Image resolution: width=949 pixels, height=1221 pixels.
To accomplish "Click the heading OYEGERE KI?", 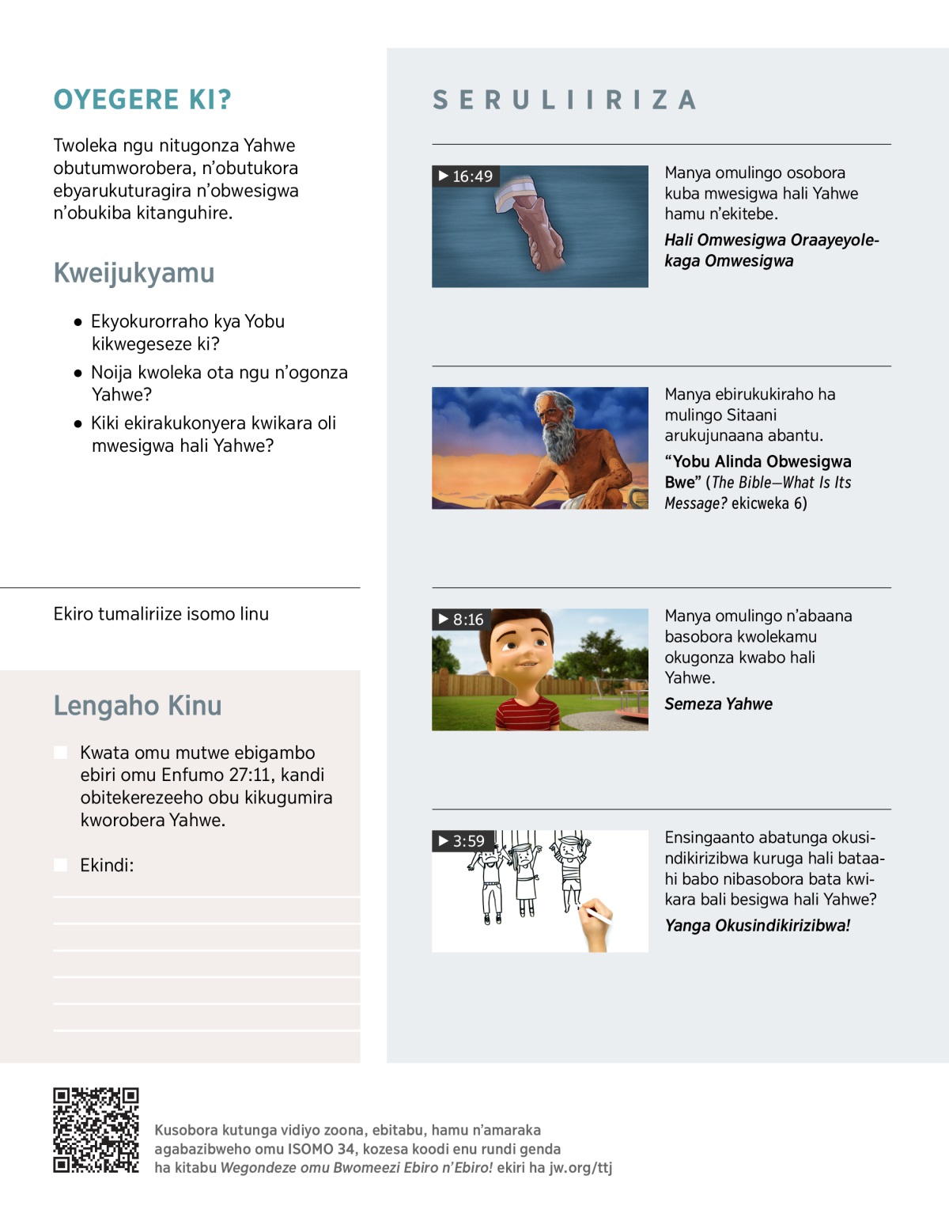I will [x=142, y=100].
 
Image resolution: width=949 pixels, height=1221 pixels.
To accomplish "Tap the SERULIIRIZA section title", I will [x=565, y=100].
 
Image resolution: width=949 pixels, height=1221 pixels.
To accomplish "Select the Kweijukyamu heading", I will [x=134, y=273].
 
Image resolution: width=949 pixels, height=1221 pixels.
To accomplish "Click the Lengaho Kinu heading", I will [x=138, y=705].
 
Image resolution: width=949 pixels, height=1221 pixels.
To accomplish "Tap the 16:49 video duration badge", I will [x=466, y=176].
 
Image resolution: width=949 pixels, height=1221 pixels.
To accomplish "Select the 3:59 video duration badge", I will [x=462, y=840].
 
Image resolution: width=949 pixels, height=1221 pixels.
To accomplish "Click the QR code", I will [x=96, y=1130].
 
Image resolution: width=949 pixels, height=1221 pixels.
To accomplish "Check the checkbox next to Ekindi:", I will [x=60, y=865].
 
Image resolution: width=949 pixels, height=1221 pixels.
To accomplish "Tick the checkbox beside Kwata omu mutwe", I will [x=60, y=753].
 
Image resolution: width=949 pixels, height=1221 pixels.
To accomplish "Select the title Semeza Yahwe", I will [x=718, y=703].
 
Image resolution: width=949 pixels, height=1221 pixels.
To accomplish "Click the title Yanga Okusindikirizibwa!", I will [x=757, y=925].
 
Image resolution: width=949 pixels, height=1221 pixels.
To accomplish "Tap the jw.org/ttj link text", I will [x=580, y=1167].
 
